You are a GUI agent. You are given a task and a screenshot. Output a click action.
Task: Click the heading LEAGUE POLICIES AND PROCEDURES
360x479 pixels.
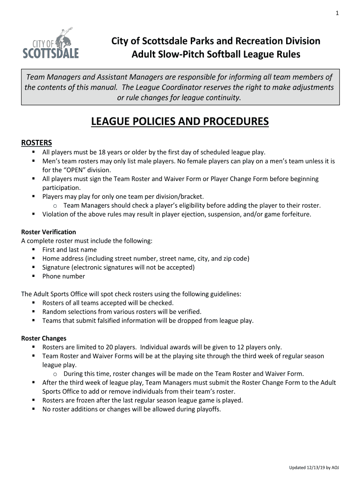coord(180,122)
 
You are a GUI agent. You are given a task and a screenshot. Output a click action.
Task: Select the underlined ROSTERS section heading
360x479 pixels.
coord(37,142)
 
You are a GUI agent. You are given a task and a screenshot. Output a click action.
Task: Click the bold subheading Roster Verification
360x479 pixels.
coord(49,232)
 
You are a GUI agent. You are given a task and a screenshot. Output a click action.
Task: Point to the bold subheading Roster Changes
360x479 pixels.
coord(44,338)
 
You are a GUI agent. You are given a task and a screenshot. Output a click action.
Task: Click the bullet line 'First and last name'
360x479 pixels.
coord(69,250)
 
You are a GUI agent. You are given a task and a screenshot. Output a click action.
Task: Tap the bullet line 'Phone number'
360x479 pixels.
coord(64,276)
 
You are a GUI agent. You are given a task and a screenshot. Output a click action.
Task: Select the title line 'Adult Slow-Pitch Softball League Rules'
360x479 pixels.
coord(216,55)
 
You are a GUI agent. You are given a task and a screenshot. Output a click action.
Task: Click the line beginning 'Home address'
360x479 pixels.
coord(145,259)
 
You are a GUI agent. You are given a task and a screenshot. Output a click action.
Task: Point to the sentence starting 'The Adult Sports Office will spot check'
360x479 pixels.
coord(131,294)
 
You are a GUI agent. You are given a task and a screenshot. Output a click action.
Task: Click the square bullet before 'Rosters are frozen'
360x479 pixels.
coord(34,400)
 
